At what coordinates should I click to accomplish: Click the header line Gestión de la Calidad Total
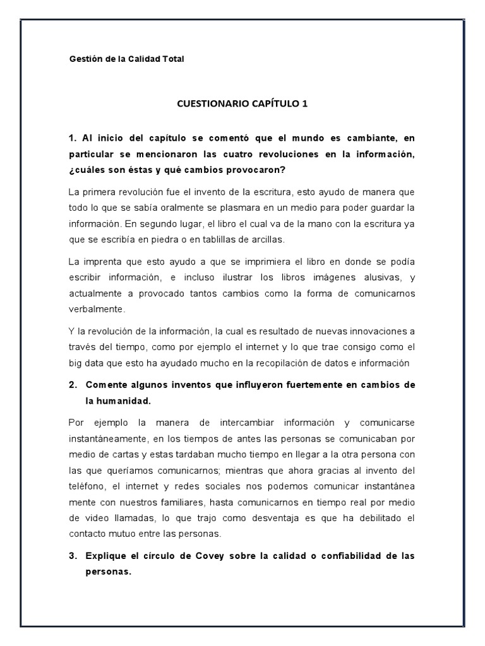point(126,59)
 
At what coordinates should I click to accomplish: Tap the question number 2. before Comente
point(73,385)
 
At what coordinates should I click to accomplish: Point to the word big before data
point(76,363)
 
